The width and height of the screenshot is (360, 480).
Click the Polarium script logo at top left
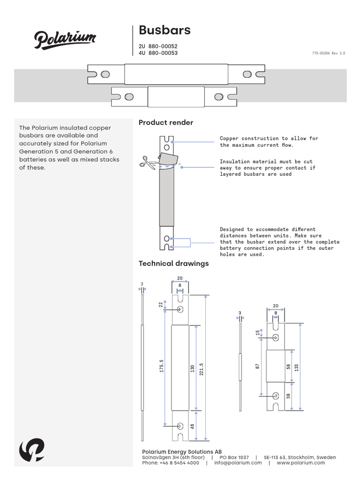pos(65,39)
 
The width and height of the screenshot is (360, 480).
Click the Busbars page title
pos(165,30)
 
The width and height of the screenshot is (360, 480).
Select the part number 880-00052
pos(163,46)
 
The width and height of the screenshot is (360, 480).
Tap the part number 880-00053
pos(163,53)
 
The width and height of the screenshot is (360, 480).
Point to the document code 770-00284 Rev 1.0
pos(328,53)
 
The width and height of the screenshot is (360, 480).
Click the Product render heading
pos(166,123)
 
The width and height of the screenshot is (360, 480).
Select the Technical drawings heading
pos(173,263)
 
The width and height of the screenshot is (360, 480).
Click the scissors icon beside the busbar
pos(146,163)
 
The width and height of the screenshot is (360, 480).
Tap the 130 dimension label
pos(192,369)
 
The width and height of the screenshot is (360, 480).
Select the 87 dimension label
pos(257,366)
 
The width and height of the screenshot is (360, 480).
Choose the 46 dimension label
pos(192,426)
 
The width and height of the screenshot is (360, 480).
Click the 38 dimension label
pos(288,396)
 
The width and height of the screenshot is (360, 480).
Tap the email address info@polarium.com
pos(238,463)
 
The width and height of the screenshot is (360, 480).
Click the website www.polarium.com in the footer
pos(300,463)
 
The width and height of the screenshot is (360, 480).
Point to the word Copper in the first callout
pos(230,139)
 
